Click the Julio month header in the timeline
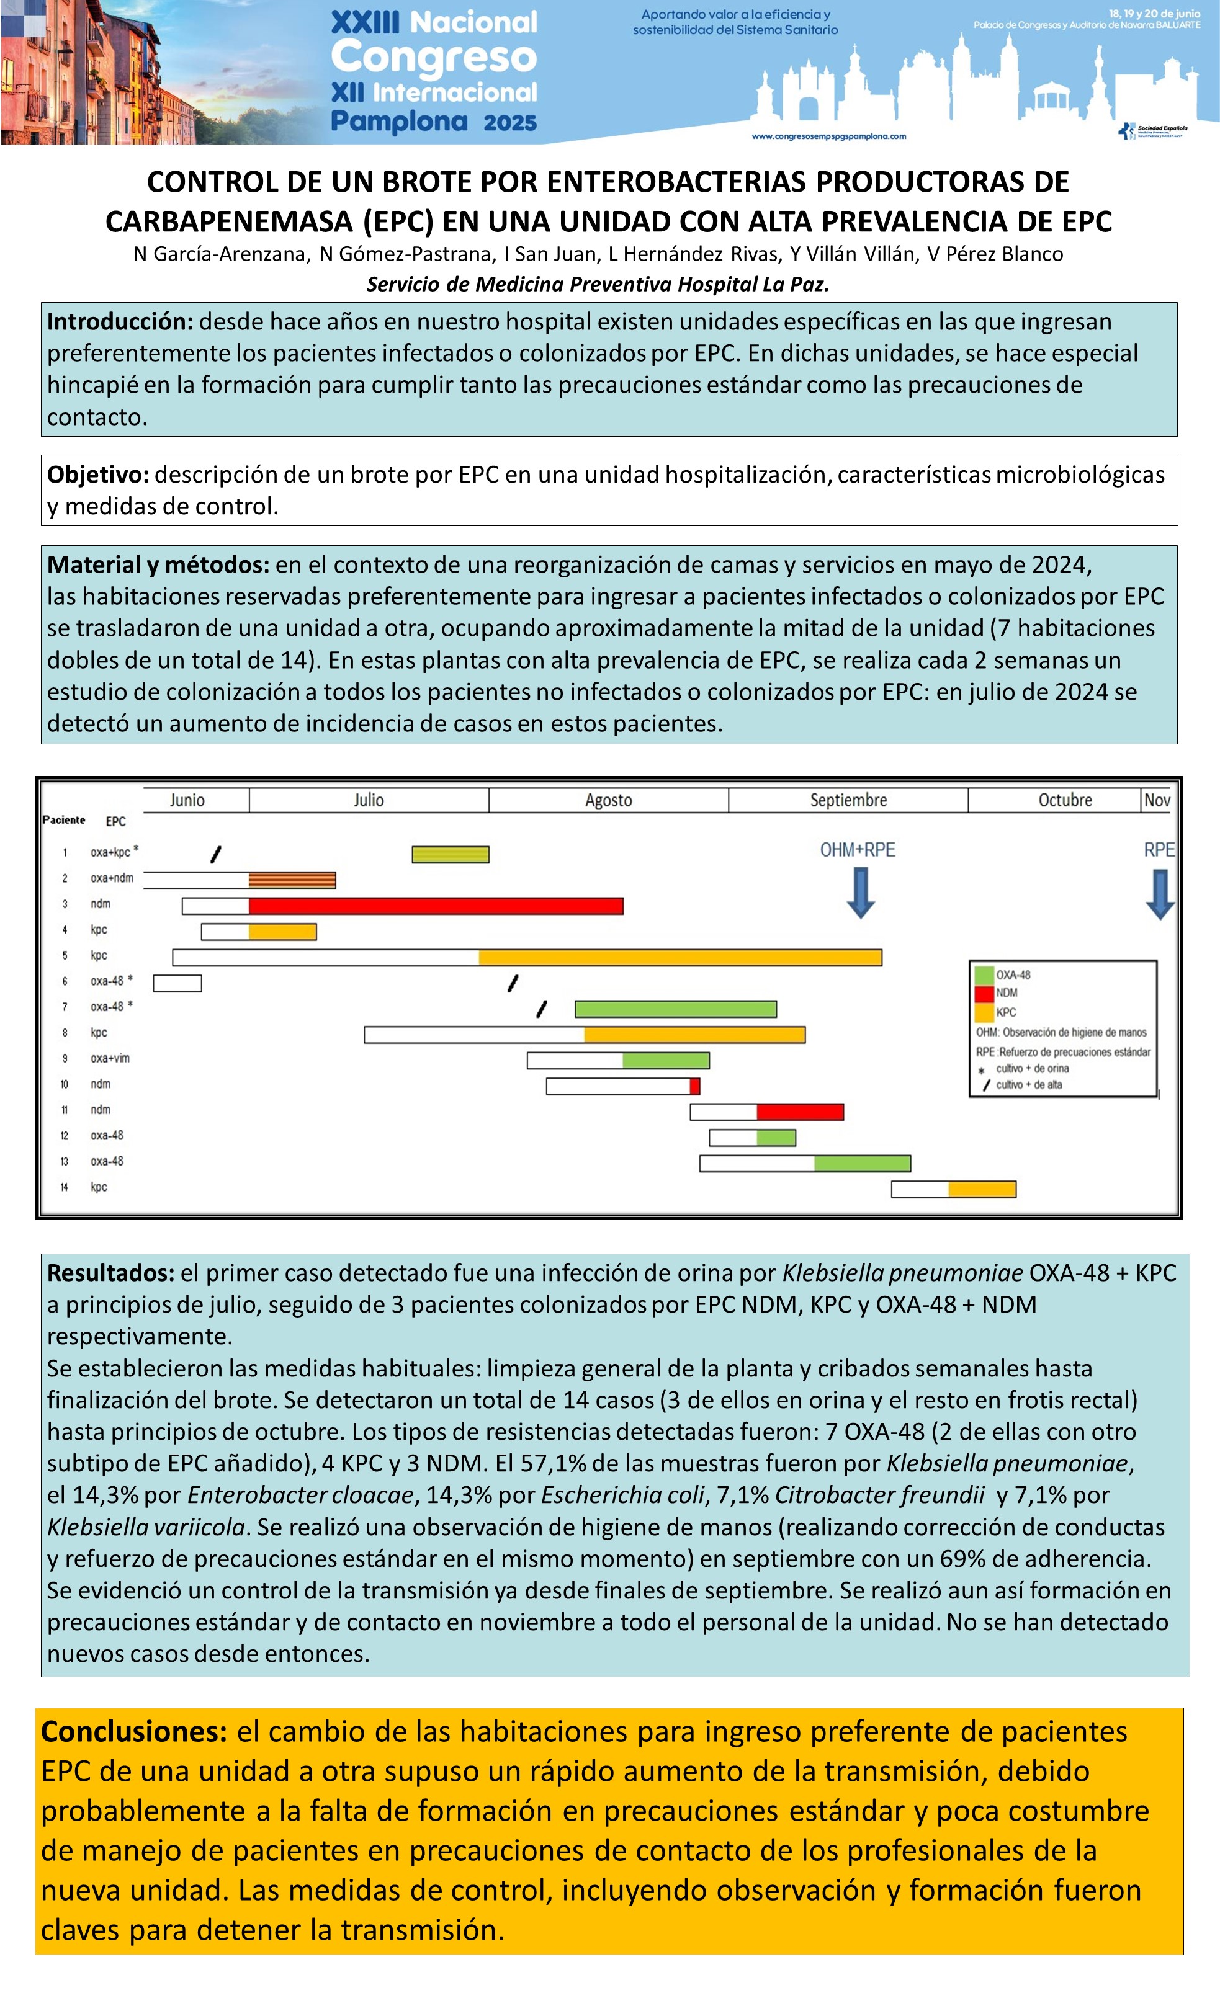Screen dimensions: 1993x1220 (368, 800)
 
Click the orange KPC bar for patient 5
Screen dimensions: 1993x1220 (680, 958)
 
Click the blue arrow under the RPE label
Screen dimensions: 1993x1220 (1159, 894)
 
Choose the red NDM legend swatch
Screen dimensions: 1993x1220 (984, 993)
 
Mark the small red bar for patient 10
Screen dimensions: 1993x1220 (694, 1086)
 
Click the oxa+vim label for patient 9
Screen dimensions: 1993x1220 (110, 1058)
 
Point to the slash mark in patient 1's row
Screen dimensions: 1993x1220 (215, 854)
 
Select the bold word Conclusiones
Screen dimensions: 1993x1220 (134, 1732)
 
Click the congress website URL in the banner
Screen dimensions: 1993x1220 (828, 136)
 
